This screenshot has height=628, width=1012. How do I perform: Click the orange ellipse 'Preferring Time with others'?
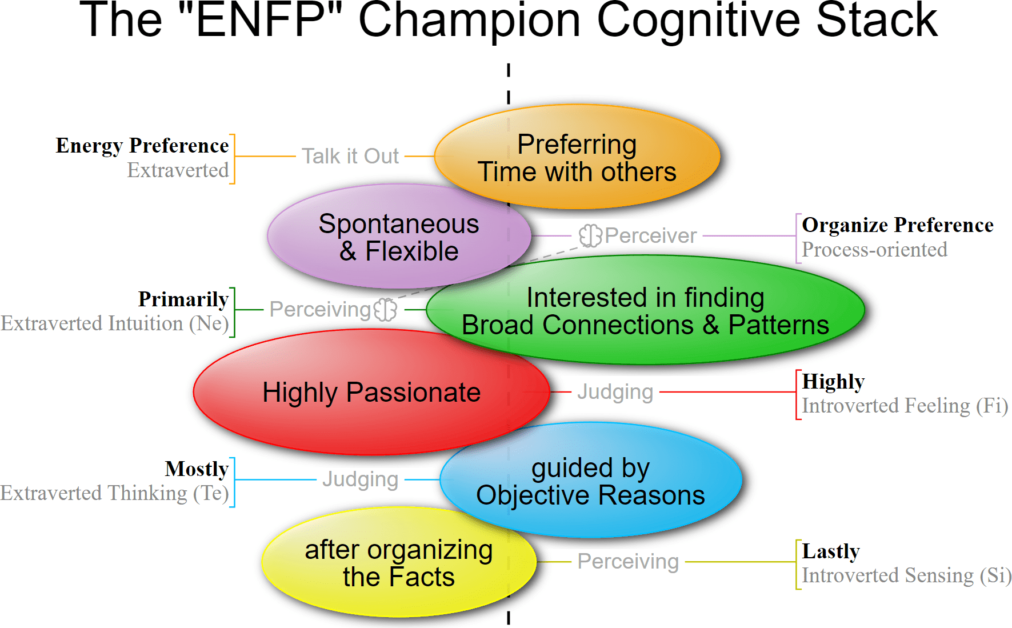pos(577,157)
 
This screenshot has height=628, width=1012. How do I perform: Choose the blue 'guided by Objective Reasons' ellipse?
pos(591,481)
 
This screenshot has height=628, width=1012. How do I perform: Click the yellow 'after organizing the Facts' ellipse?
pos(398,563)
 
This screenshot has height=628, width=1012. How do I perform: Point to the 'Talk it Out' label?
pos(350,156)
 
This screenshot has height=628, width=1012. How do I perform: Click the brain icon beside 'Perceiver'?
pos(590,235)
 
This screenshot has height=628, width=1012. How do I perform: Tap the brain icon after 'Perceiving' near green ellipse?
pos(385,309)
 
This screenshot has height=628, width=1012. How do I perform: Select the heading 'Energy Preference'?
pos(142,146)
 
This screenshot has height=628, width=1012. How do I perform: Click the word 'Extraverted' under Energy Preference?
pos(178,170)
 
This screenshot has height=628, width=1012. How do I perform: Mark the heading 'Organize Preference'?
pos(897,225)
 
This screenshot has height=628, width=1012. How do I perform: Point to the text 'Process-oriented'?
pos(874,250)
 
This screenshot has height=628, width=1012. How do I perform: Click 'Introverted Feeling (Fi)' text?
pos(905,406)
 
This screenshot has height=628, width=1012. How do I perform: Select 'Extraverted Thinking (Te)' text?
pos(114,493)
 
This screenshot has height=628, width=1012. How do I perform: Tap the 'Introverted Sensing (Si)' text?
pos(906,575)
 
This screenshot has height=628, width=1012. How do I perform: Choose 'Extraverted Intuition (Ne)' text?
pos(114,323)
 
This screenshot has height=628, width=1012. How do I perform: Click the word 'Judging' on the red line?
pos(615,392)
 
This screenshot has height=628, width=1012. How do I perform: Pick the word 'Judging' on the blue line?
pos(360,479)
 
